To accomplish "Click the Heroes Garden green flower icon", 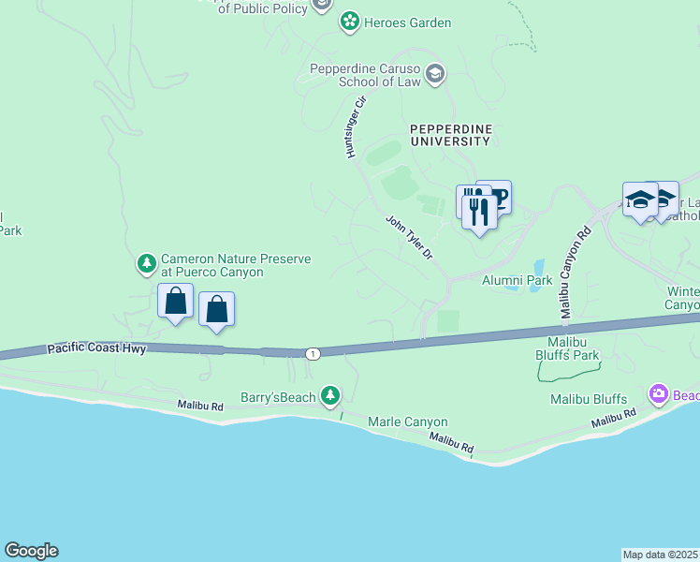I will [350, 22].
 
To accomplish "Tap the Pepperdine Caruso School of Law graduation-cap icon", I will [434, 73].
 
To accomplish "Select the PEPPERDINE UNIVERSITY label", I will [449, 134].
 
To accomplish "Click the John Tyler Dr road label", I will [410, 237].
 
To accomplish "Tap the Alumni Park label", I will [517, 279].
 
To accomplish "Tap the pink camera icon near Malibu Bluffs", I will [658, 394].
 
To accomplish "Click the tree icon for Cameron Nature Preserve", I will [146, 264].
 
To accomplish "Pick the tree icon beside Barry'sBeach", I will [329, 397].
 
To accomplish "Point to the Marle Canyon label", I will [407, 421].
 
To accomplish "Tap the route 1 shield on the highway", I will [312, 352].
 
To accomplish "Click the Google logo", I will [31, 551].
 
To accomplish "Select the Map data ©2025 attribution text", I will [661, 554].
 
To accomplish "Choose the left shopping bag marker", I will [175, 302].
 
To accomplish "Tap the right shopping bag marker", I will [216, 309].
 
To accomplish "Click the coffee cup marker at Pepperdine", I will [498, 196].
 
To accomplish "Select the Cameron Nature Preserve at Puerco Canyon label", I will [211, 265].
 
